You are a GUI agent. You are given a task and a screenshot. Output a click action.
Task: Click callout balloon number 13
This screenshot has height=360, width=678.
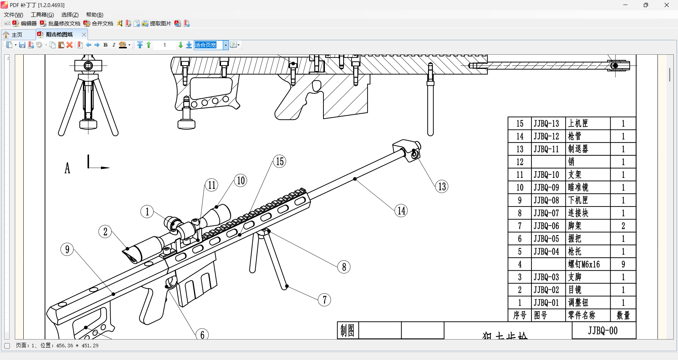[442, 186]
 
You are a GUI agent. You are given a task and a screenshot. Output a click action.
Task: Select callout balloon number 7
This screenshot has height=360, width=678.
[324, 300]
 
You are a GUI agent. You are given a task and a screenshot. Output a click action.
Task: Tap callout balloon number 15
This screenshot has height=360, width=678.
[279, 162]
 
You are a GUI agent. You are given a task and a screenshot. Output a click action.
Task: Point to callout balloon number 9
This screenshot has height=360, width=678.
[67, 250]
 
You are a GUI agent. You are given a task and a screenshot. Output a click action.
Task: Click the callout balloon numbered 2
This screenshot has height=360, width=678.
[105, 232]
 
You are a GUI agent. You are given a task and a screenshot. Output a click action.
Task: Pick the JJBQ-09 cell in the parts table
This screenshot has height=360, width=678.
[546, 187]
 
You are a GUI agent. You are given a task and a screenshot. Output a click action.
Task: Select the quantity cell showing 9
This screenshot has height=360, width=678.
[623, 264]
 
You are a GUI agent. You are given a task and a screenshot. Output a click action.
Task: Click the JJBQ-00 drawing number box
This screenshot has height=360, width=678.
[603, 331]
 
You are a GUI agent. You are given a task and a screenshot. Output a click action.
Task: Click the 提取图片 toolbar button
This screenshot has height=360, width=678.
[156, 24]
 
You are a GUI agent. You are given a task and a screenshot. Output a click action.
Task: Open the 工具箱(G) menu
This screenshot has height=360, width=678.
[42, 14]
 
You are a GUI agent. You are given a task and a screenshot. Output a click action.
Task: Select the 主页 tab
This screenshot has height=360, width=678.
[17, 35]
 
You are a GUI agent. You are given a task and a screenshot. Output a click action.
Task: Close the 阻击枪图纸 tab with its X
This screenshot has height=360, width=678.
[84, 35]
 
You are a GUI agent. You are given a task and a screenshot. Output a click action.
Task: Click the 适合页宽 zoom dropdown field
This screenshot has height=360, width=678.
[208, 45]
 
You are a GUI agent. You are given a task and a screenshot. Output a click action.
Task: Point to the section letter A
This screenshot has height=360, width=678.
[67, 168]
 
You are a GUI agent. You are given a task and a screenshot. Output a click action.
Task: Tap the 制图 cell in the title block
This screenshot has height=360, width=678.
[347, 331]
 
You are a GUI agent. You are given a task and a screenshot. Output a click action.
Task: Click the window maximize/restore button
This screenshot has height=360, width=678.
[646, 5]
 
